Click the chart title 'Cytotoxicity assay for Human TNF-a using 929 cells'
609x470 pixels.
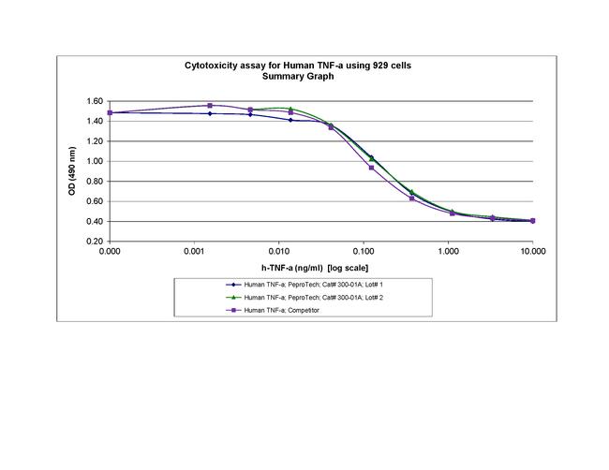296,66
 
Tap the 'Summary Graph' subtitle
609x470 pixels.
297,77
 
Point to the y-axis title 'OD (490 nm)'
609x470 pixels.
72,170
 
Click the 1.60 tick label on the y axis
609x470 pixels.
94,101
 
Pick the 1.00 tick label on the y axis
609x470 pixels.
94,161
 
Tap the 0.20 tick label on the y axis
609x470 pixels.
94,242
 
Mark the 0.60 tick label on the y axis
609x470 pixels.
94,201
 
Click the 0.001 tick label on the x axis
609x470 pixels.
194,252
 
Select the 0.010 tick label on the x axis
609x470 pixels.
278,252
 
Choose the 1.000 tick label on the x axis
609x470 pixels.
448,252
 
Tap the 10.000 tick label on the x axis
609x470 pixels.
531,252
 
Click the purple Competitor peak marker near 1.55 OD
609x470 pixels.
210,106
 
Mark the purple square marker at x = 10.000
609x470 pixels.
532,221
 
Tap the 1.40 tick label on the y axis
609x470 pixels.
94,121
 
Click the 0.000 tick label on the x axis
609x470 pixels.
110,252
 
